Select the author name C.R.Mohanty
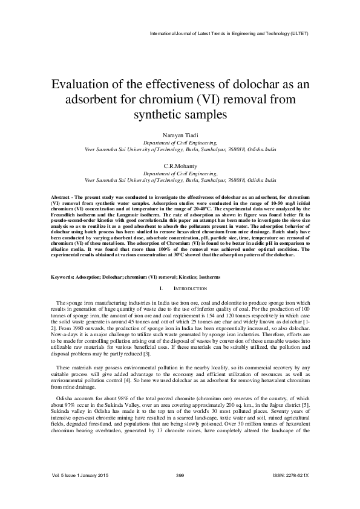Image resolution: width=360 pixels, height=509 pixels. tap(180, 166)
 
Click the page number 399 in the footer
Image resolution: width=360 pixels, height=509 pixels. tap(180, 493)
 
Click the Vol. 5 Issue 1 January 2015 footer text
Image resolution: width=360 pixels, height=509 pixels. tap(79, 493)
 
